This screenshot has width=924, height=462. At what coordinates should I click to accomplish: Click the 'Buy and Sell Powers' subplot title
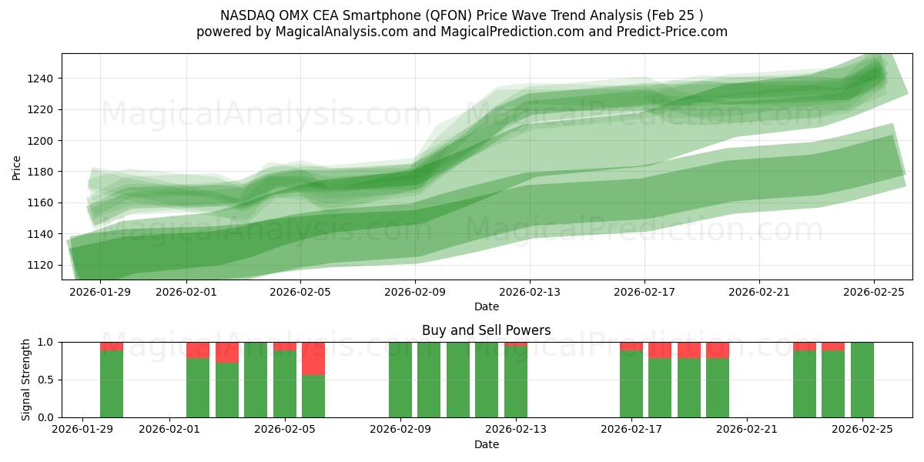click(x=486, y=330)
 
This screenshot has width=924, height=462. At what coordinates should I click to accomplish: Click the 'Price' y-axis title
click(x=17, y=167)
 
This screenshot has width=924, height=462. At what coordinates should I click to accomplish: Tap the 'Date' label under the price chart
click(x=486, y=306)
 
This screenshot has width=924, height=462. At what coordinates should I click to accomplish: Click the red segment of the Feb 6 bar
click(x=313, y=358)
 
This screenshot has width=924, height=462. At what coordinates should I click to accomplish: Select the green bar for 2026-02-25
click(x=862, y=380)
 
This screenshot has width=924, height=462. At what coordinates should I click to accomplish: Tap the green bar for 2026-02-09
click(x=400, y=380)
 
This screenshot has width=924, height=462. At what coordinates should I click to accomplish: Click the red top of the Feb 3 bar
click(x=227, y=352)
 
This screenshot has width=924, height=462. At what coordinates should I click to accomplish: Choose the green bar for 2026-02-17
click(x=631, y=384)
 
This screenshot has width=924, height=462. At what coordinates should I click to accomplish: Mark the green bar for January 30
click(x=112, y=384)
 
